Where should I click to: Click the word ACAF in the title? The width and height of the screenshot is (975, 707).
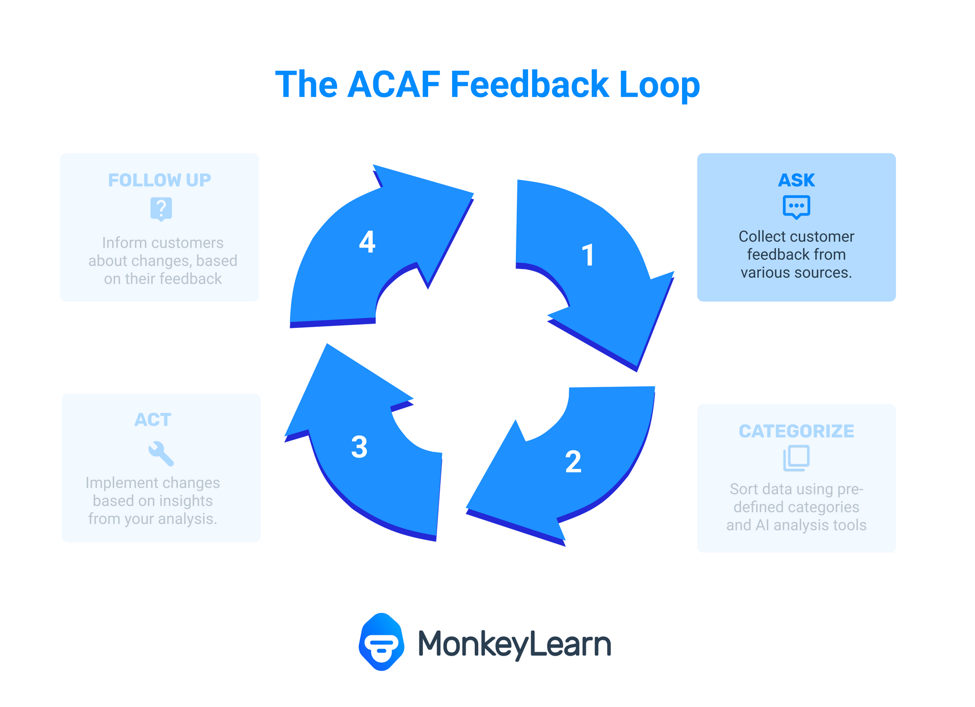tap(394, 84)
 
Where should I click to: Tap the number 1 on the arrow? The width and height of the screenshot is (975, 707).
tap(588, 255)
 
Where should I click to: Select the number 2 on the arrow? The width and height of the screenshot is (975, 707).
tap(573, 462)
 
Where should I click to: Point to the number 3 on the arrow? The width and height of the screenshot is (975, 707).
tap(359, 447)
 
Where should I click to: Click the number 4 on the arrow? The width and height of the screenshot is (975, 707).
tap(367, 241)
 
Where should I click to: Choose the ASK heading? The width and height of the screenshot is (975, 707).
tap(796, 180)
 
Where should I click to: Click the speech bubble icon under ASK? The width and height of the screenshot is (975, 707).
tap(796, 207)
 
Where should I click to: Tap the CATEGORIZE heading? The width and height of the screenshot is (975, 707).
tap(796, 432)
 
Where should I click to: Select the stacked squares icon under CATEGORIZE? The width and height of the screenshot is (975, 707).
tap(796, 458)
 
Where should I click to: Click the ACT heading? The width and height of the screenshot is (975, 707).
tap(153, 420)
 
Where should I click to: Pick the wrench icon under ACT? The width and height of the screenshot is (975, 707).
tap(161, 453)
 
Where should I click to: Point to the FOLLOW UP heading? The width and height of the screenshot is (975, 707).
tap(159, 180)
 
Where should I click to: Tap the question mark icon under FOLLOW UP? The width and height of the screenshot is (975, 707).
tap(161, 209)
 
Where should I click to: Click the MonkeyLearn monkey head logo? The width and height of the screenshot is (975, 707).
tap(381, 642)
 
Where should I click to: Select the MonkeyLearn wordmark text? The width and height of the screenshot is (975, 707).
tap(514, 644)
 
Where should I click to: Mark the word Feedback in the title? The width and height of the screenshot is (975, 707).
tap(530, 84)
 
